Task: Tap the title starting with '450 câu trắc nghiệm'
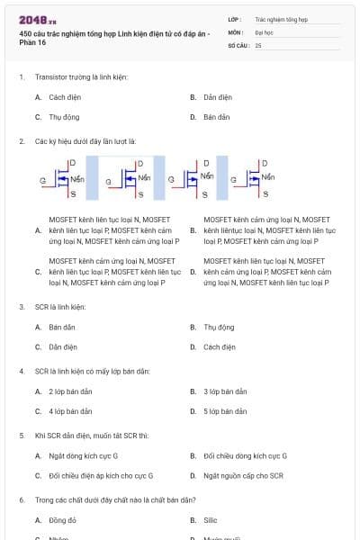[x=112, y=38]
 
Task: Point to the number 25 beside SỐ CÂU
[x=259, y=44]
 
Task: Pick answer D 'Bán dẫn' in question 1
[x=216, y=117]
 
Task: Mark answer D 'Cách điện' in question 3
[x=219, y=346]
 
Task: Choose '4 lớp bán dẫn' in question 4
[x=70, y=411]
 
